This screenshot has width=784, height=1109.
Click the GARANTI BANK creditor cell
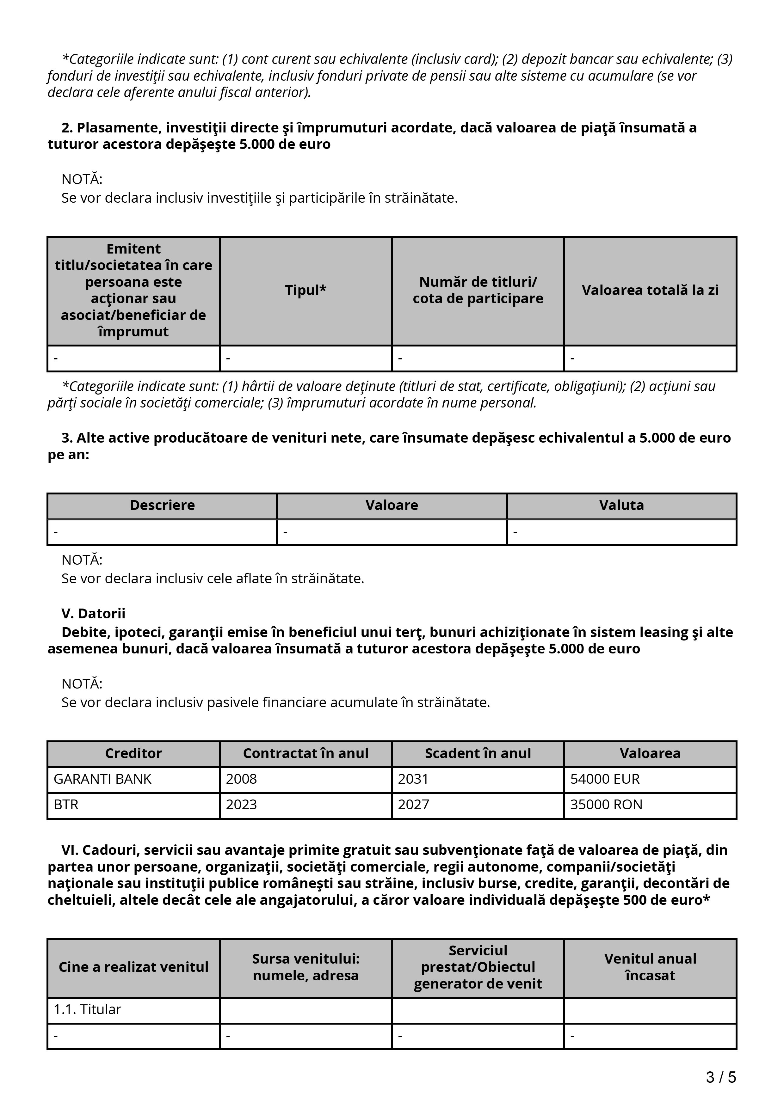102,779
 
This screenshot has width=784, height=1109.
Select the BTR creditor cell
66,805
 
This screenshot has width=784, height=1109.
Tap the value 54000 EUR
605,779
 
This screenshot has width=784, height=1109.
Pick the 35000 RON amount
606,805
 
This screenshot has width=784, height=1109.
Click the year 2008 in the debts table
242,779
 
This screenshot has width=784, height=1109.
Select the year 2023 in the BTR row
242,805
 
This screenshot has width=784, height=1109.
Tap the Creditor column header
133,753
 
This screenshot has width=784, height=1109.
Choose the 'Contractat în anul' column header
306,753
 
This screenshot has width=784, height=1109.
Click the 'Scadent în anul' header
478,753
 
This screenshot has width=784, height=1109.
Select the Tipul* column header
306,290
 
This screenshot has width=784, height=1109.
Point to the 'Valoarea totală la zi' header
650,290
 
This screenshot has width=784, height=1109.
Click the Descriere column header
162,505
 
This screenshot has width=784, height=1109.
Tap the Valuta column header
622,505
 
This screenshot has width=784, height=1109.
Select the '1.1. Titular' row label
87,1009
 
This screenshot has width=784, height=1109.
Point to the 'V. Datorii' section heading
93,613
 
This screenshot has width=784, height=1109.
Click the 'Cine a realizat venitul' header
133,967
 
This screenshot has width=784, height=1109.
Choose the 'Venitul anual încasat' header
650,967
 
